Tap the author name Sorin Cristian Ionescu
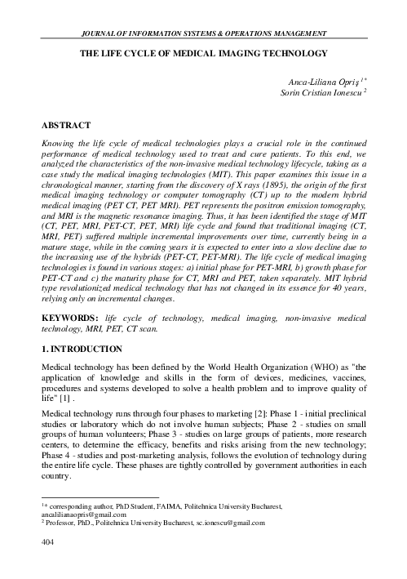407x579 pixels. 319,94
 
